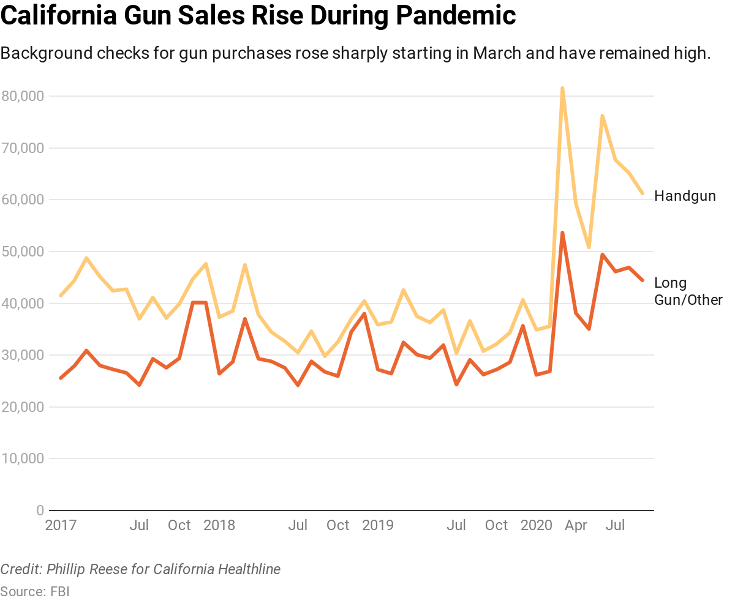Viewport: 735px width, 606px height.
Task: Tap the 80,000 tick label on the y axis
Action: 22,96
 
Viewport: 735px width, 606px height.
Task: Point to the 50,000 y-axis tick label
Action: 22,252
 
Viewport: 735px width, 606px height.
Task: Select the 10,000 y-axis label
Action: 22,458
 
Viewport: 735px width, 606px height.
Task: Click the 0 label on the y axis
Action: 40,511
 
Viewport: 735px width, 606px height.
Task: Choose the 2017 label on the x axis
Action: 61,525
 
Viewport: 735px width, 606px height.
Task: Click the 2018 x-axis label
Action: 219,525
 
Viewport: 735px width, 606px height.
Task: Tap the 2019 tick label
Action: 378,525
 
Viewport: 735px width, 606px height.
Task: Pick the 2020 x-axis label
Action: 537,525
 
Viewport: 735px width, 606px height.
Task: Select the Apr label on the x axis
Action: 576,525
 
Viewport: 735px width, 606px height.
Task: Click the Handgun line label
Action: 685,196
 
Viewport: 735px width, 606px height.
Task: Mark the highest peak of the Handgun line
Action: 562,88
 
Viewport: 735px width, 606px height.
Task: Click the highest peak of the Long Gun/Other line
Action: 562,233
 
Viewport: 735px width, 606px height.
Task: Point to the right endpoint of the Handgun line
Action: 643,193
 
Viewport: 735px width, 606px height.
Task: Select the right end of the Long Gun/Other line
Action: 643,280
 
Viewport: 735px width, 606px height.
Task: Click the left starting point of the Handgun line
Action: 60,296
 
